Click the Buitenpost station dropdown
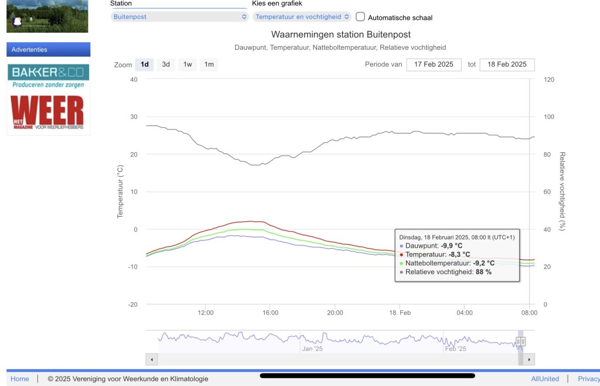179,17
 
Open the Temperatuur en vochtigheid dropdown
302,17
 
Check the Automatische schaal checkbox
360,17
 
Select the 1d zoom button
145,64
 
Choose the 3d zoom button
166,64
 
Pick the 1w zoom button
187,64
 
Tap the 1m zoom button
209,64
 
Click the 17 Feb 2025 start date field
434,64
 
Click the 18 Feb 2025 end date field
507,64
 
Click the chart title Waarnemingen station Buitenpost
340,35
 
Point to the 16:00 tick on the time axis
270,313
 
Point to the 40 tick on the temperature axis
134,80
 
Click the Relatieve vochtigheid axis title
562,192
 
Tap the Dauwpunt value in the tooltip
452,245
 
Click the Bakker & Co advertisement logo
49,77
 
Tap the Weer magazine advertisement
49,112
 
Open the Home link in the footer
19,379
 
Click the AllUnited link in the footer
545,379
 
